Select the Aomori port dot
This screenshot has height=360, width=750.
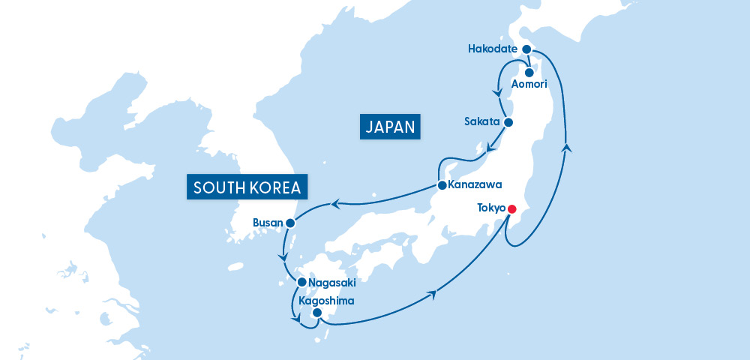coord(529,73)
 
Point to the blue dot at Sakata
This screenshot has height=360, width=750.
coord(508,121)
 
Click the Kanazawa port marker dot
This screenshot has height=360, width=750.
coord(442,184)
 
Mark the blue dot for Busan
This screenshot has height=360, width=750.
coord(289,223)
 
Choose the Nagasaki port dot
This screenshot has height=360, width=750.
coord(301,283)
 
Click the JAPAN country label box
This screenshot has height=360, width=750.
coord(390,127)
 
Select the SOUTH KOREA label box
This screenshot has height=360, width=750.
coord(247,187)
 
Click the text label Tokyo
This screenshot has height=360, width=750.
coord(491,208)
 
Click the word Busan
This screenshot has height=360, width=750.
coord(268,223)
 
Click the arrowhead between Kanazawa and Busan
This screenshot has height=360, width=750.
coord(336,203)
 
